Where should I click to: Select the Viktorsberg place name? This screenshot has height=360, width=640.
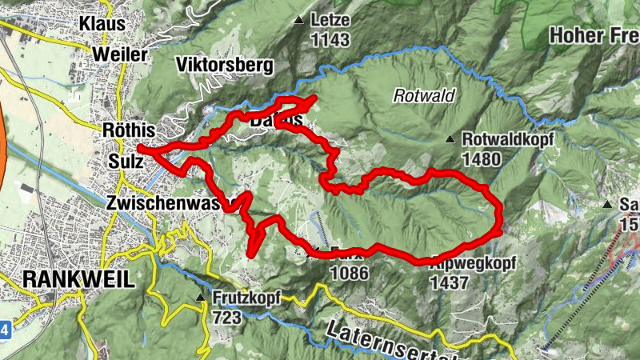(x=225, y=65)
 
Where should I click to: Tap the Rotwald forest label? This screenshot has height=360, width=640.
(x=424, y=96)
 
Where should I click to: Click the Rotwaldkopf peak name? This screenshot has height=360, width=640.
(x=508, y=138)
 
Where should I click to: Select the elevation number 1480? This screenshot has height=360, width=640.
(x=481, y=158)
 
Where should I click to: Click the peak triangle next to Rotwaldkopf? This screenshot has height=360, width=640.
(x=450, y=139)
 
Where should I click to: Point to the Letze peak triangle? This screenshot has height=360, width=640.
(x=299, y=20)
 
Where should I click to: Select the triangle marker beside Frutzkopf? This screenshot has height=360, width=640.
(x=200, y=298)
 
